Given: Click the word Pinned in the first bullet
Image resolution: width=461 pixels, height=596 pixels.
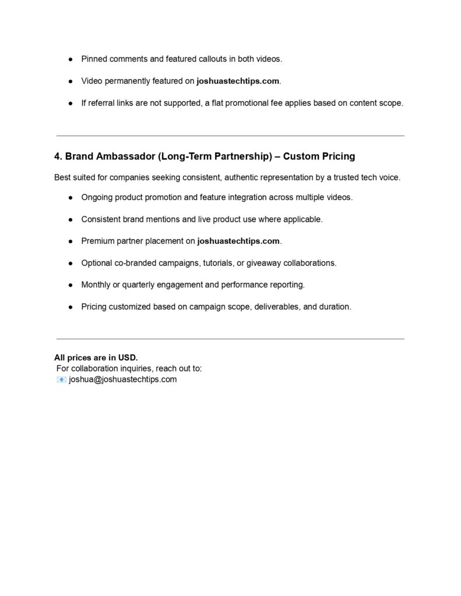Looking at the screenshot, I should pyautogui.click(x=94, y=59).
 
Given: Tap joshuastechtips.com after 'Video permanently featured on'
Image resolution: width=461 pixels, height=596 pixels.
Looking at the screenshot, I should pyautogui.click(x=238, y=81).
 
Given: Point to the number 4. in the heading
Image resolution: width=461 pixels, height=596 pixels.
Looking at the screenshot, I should pyautogui.click(x=58, y=157).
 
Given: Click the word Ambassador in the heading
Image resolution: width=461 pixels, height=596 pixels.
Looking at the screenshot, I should pyautogui.click(x=124, y=157).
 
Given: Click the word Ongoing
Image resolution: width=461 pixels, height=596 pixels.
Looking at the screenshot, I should pyautogui.click(x=97, y=197).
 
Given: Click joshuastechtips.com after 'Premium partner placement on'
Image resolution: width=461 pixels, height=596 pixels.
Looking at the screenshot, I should pyautogui.click(x=239, y=241).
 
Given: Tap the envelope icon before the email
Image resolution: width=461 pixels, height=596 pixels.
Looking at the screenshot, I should pyautogui.click(x=61, y=379).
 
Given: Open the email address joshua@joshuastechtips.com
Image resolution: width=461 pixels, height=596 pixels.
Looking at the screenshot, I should pyautogui.click(x=122, y=379).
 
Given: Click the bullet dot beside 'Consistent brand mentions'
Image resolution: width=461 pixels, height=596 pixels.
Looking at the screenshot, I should pyautogui.click(x=70, y=219).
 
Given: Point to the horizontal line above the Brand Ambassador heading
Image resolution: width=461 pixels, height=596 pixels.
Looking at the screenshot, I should pyautogui.click(x=230, y=136).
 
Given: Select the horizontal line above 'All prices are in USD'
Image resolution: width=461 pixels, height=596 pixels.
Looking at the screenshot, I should pyautogui.click(x=230, y=339).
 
